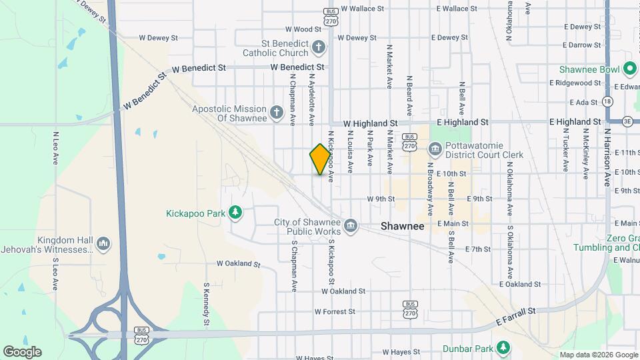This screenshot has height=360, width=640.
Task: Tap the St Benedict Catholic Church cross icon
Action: coord(319,47)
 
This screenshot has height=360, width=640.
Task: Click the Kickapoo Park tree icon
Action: coord(235,213)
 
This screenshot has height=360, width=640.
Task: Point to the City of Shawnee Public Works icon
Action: coord(351,227)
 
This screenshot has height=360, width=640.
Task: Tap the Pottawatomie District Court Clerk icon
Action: coord(435,149)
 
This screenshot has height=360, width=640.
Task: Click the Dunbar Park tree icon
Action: coord(504,347)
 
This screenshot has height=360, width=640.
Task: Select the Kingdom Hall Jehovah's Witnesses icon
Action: coord(103,245)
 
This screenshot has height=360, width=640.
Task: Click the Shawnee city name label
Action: coord(403,226)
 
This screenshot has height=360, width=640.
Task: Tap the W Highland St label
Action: coord(371,123)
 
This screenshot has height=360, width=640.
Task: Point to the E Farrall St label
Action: coord(516,316)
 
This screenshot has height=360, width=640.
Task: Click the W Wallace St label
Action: coord(363,9)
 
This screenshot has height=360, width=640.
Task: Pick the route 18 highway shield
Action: coord(607,101)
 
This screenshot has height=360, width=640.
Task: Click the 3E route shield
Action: coord(628,121)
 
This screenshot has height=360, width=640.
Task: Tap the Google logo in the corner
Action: coord(22,351)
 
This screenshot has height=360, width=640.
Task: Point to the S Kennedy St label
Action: coord(207,303)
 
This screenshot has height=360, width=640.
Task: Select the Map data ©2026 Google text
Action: coord(599,355)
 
